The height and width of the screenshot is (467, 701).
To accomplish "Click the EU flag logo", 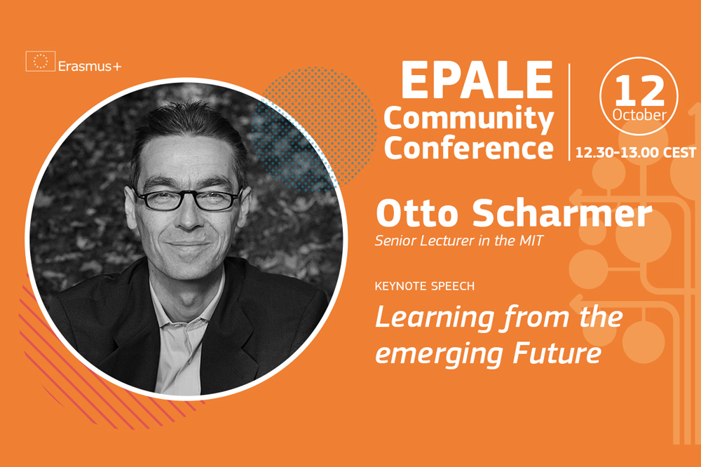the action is pos(40,61).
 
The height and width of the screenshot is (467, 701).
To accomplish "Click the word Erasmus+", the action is pos(90,67).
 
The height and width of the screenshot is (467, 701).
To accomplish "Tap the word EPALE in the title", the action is pos(477,80).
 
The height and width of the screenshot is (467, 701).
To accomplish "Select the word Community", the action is pos(468,119).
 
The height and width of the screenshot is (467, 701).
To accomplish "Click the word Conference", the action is pos(468,148).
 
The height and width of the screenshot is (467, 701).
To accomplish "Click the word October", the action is pos(639,115).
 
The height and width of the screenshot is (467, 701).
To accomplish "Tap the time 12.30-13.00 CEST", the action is pos(635,153).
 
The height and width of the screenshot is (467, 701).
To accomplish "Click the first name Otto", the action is pos(418,213).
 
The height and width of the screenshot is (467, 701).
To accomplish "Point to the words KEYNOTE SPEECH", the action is pos(425,286).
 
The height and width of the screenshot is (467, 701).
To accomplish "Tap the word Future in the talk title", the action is pos(557,353).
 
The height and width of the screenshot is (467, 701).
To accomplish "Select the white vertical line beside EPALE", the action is pos(569,111).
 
